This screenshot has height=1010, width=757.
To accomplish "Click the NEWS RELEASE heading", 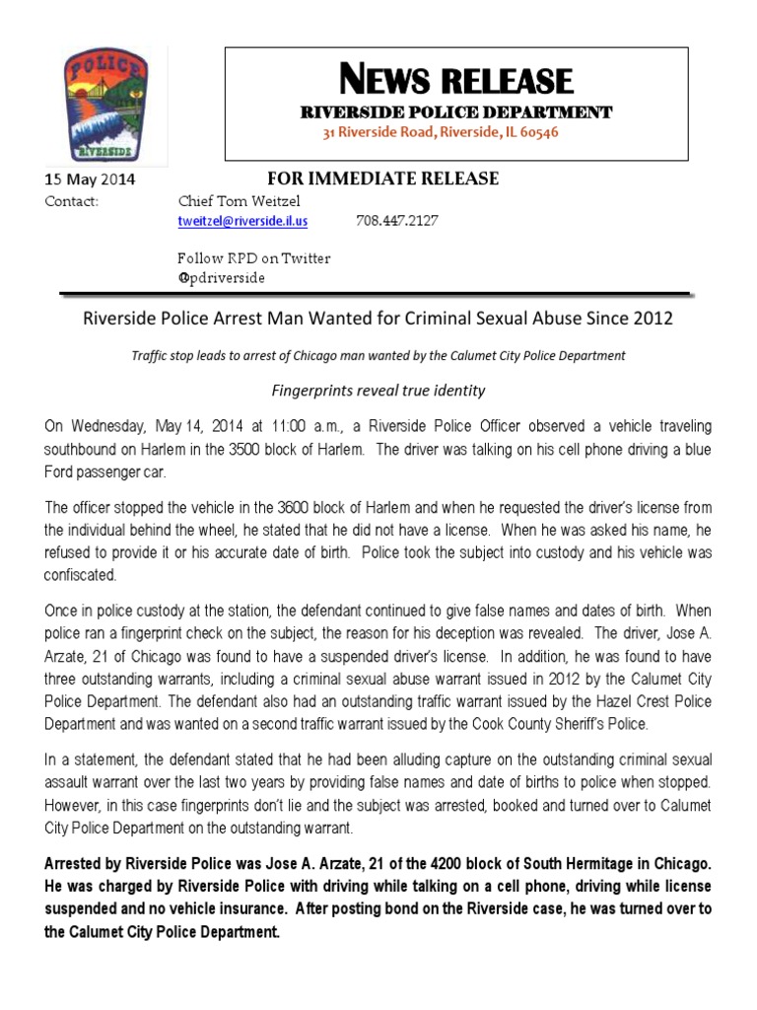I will click(x=455, y=80).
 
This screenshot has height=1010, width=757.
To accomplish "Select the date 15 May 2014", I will click(x=91, y=180).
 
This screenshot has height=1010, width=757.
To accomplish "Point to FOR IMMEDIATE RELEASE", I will click(x=383, y=179).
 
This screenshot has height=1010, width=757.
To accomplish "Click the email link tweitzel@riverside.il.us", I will click(x=242, y=221).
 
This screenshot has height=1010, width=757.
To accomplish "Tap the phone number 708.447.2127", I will click(x=397, y=221).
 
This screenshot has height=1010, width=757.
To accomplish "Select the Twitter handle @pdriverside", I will click(x=221, y=277).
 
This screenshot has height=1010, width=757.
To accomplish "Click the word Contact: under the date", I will click(x=72, y=200).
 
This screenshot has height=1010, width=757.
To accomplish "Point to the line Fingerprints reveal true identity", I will click(x=378, y=390).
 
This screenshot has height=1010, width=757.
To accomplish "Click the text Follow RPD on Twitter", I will click(x=253, y=258).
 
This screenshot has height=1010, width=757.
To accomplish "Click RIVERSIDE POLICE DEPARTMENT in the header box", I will click(x=455, y=112).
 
